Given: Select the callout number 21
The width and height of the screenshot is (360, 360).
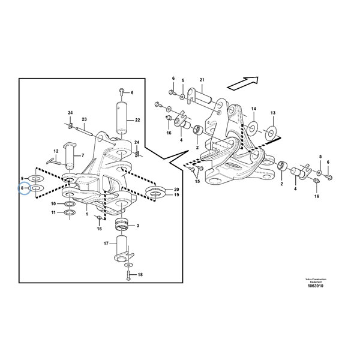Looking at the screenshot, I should click(x=202, y=80).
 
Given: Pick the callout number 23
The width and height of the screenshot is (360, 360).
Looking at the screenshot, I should click(x=85, y=119).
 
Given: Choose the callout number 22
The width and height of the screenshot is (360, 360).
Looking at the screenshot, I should click(x=137, y=120).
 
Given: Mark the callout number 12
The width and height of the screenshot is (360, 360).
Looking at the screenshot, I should click(x=56, y=151).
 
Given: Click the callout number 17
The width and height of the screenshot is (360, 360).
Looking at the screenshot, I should click(x=106, y=244).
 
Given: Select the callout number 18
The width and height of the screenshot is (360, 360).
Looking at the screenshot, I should click(x=140, y=275).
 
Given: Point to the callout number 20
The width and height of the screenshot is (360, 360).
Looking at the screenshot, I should click(x=176, y=188).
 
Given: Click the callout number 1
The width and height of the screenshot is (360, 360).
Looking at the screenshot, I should click(x=87, y=213).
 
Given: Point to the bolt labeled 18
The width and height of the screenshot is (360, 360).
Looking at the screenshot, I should click(x=128, y=275).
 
